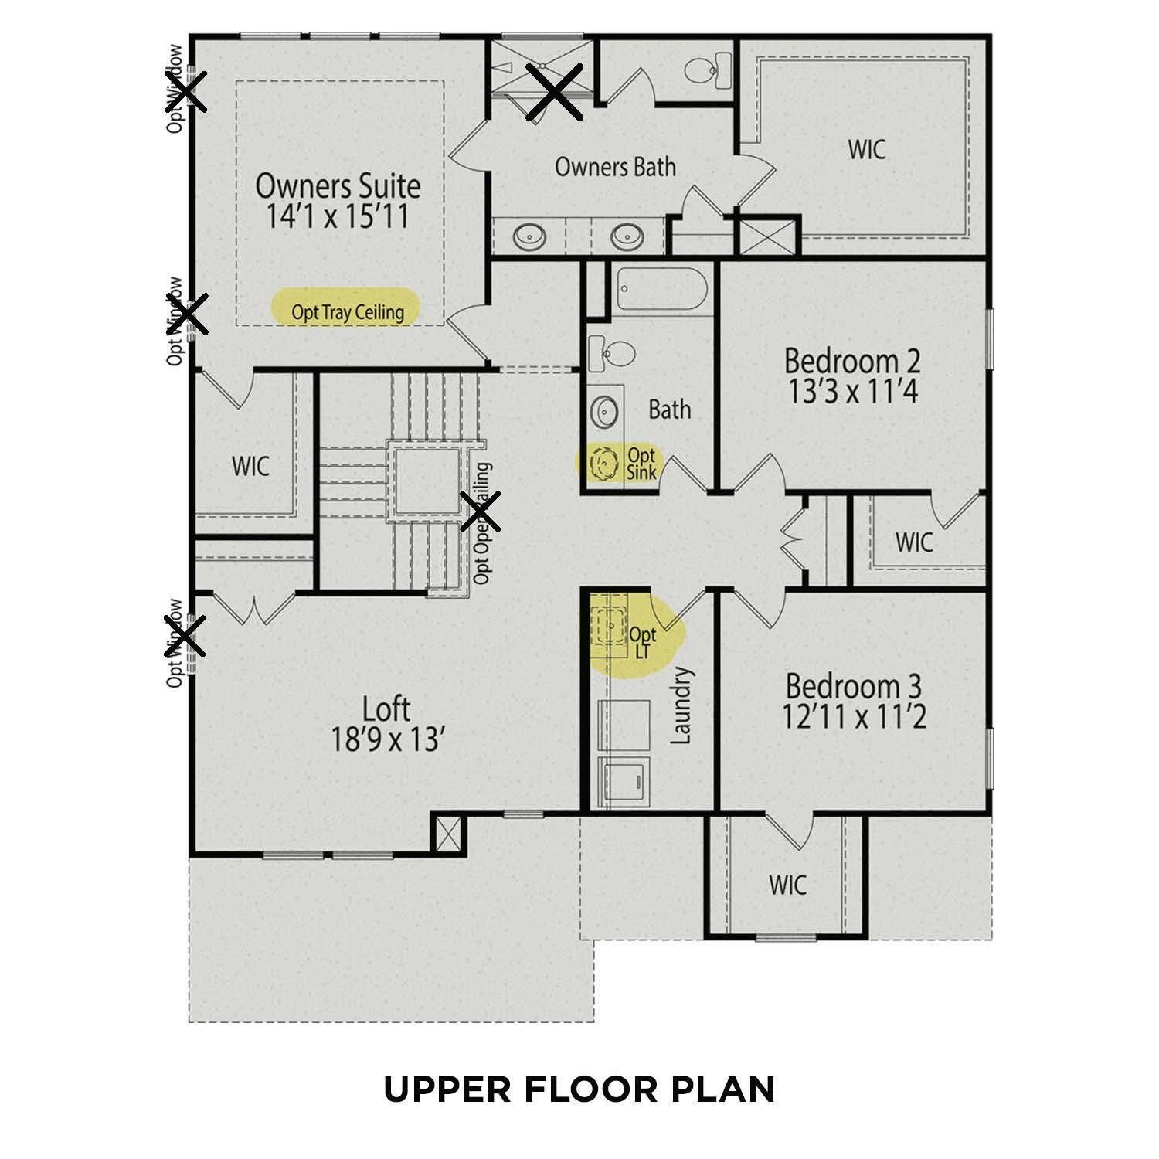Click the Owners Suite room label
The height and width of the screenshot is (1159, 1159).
(338, 186)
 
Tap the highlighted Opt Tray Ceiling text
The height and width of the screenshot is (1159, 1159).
(347, 312)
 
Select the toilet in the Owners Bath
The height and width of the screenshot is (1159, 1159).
(706, 70)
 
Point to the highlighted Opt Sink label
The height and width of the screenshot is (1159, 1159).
(641, 463)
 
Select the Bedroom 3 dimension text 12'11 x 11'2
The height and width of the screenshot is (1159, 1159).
(853, 718)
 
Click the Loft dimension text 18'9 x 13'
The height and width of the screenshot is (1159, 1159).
(386, 740)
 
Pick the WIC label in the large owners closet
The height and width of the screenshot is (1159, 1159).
(866, 150)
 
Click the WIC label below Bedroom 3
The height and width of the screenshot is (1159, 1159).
(787, 884)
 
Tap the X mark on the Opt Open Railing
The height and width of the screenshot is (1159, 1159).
(480, 512)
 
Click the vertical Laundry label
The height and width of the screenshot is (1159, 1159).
(681, 705)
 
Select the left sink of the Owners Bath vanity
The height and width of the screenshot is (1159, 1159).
(530, 236)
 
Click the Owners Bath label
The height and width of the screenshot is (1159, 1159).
(615, 167)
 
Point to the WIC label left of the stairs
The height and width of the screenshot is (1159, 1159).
(251, 466)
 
